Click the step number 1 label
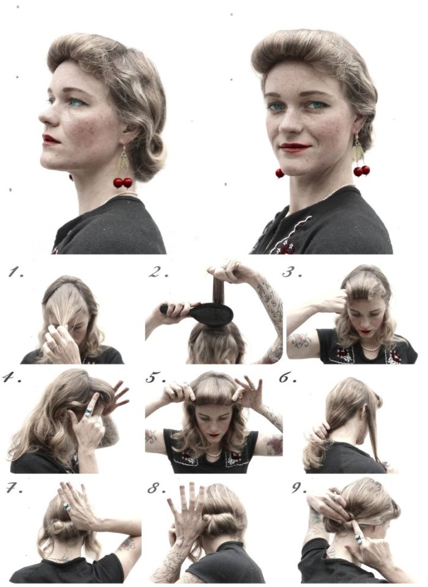[16, 273]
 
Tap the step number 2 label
[158, 272]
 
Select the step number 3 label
[292, 272]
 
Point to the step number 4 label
[12, 377]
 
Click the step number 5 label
[156, 377]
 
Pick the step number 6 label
[287, 377]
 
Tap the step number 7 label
[14, 488]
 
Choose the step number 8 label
[157, 488]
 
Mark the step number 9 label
[299, 488]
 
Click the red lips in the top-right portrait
[295, 146]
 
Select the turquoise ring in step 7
[67, 508]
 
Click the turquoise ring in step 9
[359, 539]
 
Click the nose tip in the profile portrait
[41, 118]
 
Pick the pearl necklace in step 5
[214, 454]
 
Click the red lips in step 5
[214, 435]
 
